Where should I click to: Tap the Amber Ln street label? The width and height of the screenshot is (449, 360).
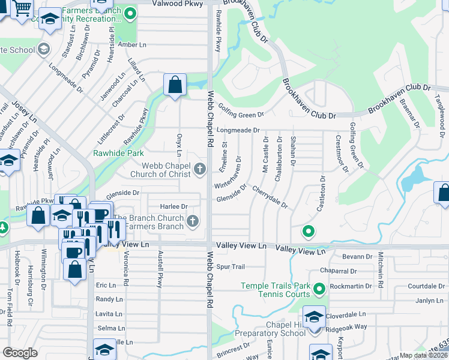click(132, 45)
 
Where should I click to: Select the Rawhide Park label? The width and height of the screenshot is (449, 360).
click(118, 153)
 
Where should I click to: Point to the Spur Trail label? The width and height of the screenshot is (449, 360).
click(231, 266)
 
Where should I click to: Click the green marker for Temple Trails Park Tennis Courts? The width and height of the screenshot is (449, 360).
click(319, 290)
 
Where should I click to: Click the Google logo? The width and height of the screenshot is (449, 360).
click(20, 352)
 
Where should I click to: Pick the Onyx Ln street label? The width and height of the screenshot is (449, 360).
click(179, 146)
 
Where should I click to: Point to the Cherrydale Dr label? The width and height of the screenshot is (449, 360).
click(270, 197)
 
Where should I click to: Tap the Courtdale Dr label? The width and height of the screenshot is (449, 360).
click(425, 286)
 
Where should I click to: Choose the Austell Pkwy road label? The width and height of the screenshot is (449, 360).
click(160, 269)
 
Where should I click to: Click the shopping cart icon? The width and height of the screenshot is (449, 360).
click(23, 8)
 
